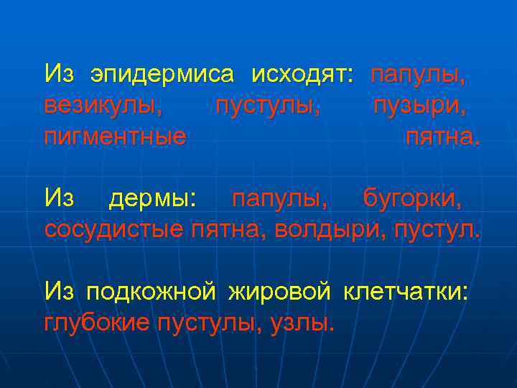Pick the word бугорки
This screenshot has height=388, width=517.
coord(413,198)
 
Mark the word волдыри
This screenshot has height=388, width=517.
coord(327,229)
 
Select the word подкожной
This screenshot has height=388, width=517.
coord(152,292)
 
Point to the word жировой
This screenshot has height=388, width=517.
coord(279,292)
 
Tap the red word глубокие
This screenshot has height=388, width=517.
coord(97,323)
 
